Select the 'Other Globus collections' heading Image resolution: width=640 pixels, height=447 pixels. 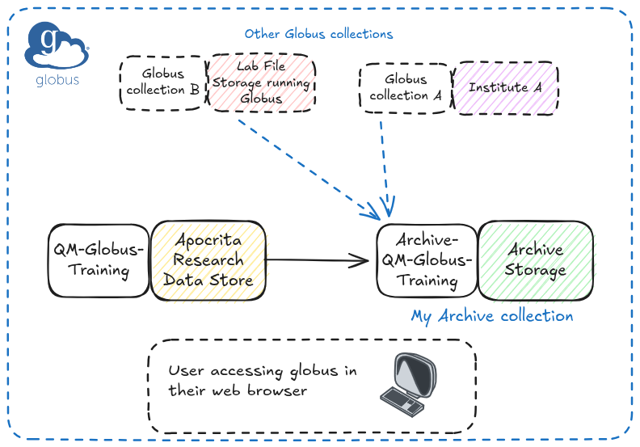[318, 34]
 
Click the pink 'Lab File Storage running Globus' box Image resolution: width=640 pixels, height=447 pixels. [261, 82]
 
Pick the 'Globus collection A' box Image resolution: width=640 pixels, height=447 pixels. [406, 87]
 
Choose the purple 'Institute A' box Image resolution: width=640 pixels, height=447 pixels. [505, 87]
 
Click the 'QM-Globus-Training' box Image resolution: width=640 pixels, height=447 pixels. [99, 259]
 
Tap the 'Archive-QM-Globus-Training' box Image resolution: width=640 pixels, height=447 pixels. [427, 260]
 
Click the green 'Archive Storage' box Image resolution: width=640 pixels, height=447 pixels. [535, 259]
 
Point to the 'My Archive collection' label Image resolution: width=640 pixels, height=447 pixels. [491, 316]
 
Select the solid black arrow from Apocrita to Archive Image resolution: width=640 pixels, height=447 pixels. [315, 259]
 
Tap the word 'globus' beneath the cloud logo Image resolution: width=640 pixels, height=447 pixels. [57, 80]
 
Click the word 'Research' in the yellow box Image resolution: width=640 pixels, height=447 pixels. [208, 260]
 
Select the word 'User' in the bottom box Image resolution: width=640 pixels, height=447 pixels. [185, 371]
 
